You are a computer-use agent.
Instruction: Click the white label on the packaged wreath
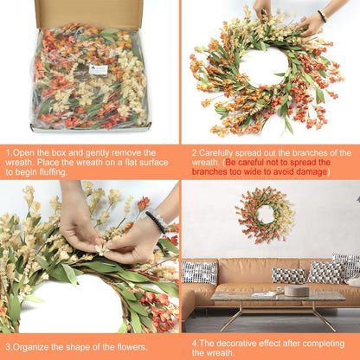click(98, 69)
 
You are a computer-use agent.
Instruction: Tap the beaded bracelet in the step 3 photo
click(157, 222)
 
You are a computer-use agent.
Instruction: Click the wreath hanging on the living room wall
click(265, 214)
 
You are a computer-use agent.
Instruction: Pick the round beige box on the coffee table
click(296, 291)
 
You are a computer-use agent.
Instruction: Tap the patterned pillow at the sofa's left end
click(200, 272)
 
